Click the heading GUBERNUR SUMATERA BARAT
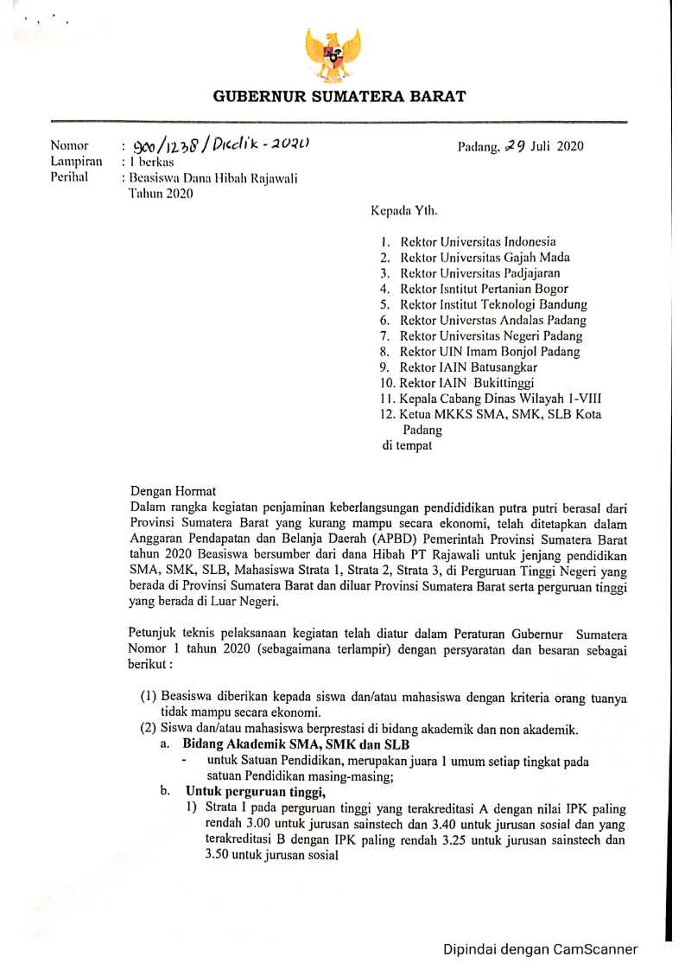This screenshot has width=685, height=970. pos(339,97)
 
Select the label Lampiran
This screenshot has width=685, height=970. pos(77,161)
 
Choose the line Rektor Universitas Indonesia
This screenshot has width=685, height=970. pos(478,241)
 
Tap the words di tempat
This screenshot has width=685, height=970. pos(407,446)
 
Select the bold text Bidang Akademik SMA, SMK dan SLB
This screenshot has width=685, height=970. pos(296,745)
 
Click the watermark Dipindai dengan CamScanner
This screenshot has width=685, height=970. pos(541,949)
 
